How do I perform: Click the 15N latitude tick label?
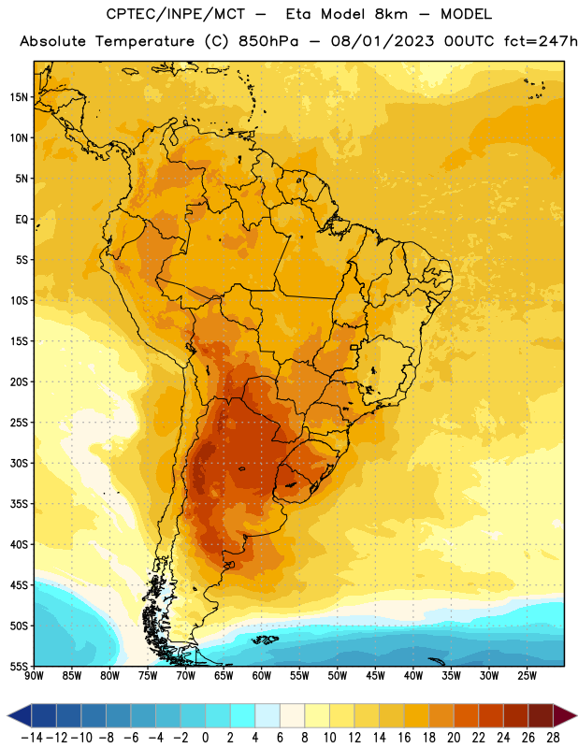[19, 97]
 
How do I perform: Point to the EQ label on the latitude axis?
[22, 220]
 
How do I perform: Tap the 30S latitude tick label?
[19, 463]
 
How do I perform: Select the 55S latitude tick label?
[19, 667]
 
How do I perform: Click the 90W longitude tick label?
[34, 676]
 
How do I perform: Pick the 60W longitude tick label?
[262, 676]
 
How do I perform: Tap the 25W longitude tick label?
[527, 676]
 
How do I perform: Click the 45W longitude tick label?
[375, 676]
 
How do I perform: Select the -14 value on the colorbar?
[32, 738]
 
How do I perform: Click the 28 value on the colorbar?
[553, 738]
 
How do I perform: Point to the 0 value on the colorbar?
[206, 738]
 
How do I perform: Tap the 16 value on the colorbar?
[404, 738]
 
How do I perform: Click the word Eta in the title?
[298, 14]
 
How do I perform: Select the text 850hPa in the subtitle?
[268, 41]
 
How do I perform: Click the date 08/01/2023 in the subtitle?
[383, 41]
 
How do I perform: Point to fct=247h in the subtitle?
[541, 41]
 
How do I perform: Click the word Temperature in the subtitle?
[145, 42]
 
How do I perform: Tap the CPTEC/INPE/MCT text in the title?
[176, 14]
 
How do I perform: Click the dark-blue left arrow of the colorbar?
[20, 715]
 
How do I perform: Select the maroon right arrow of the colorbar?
[565, 715]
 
